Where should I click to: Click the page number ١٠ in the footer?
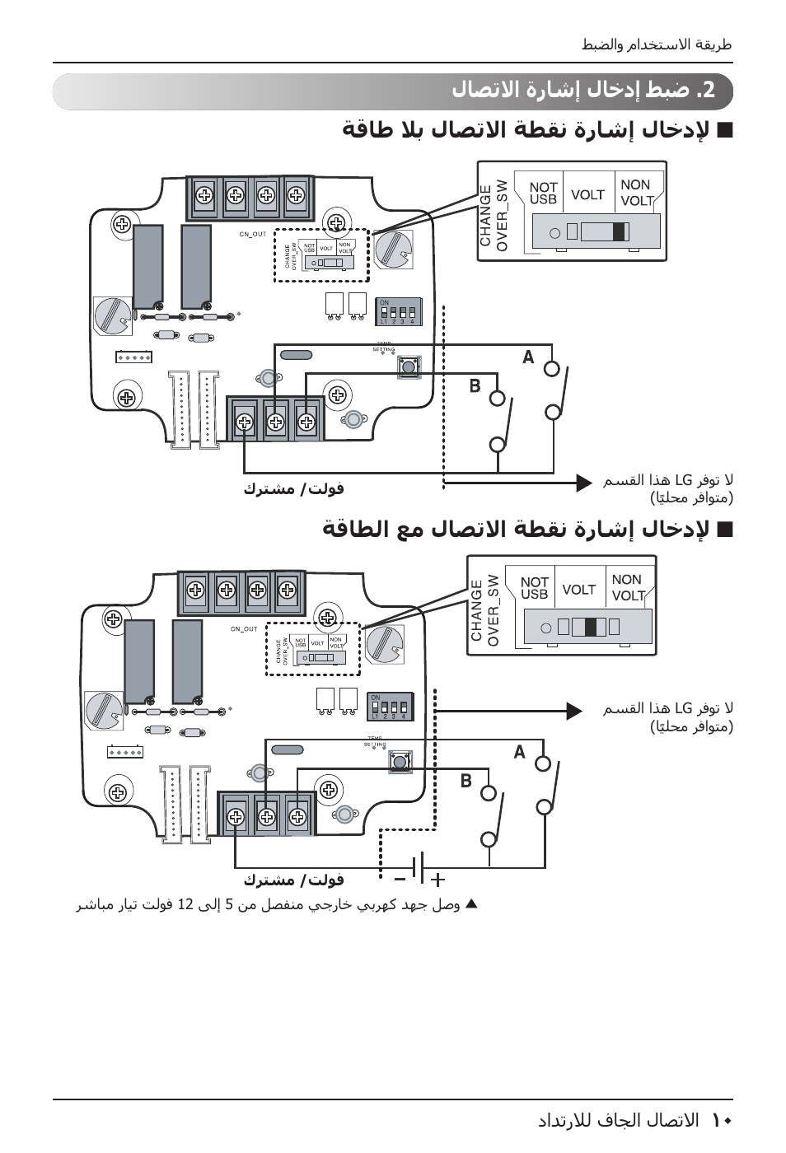(x=722, y=1120)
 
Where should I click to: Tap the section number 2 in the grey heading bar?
(x=709, y=91)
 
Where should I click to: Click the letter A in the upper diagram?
(x=528, y=357)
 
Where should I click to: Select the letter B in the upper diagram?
(x=475, y=385)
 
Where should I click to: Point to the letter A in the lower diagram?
(x=519, y=751)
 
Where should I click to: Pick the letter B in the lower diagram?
(x=466, y=781)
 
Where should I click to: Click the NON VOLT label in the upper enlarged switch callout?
(x=635, y=193)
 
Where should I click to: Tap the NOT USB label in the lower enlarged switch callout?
(x=534, y=588)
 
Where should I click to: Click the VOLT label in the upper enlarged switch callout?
(x=587, y=195)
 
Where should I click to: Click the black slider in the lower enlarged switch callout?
(x=590, y=627)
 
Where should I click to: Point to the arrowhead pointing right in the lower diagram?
(x=574, y=710)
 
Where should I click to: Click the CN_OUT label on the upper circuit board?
(x=253, y=235)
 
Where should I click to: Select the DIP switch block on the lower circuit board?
(x=390, y=707)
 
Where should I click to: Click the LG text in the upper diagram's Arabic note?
(x=683, y=480)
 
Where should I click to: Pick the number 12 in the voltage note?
(x=185, y=905)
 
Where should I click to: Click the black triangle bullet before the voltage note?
(x=471, y=904)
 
